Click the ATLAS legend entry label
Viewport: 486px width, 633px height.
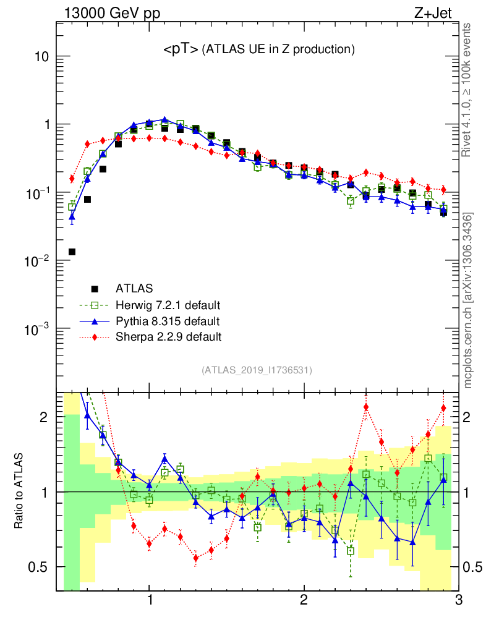[134, 288]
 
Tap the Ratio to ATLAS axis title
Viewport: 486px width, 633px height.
[20, 492]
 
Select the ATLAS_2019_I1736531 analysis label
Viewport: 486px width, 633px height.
[257, 370]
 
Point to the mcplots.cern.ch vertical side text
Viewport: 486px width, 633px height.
[468, 300]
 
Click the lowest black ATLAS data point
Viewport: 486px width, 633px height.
[72, 252]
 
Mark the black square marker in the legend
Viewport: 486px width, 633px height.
[95, 289]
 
